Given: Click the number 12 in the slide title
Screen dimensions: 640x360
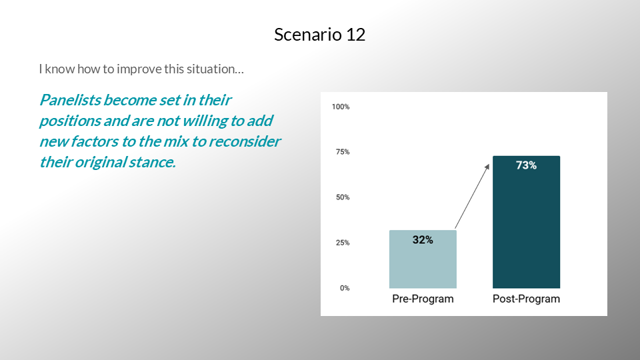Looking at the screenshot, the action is point(355,34).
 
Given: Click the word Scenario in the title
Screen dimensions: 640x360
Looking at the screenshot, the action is point(308,34).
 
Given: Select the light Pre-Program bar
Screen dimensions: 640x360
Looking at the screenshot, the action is point(423,259).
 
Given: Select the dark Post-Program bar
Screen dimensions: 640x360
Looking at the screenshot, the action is point(526,222).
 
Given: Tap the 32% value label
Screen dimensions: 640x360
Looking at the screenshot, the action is point(423,239).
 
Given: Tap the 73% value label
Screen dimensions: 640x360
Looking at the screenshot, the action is point(526,165).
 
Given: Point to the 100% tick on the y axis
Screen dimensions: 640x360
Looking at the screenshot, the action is point(341,107).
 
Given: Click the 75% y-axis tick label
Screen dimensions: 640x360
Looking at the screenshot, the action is point(343,152).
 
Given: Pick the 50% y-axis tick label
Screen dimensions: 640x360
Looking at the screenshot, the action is point(343,197).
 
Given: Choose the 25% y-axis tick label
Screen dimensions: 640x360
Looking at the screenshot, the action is point(343,243).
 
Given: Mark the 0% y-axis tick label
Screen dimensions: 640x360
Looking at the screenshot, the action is point(345,288).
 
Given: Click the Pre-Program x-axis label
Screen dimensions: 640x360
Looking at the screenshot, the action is point(423,299).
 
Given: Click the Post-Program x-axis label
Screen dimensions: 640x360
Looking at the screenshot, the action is point(526,299).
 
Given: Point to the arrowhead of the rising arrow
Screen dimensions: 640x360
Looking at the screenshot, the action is point(488,166).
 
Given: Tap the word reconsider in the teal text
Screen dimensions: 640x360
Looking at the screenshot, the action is point(245,141).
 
